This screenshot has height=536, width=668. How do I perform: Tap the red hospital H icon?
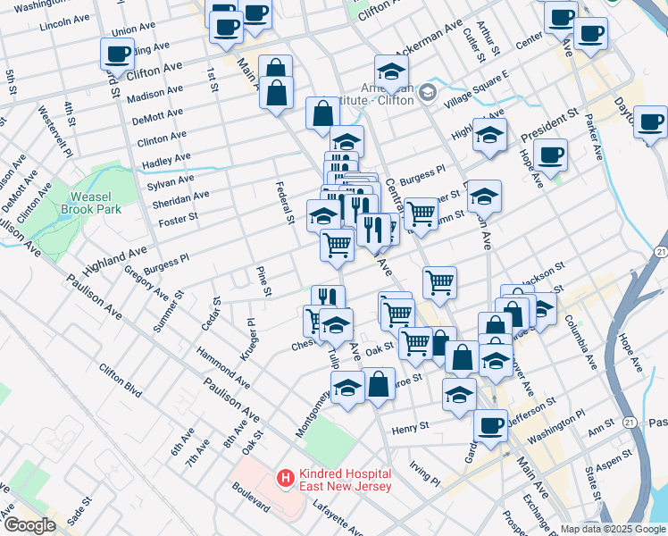coord(285,480)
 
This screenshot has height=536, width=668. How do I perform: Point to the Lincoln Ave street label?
coord(65,20)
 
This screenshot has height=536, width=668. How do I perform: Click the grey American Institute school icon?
coord(427,91)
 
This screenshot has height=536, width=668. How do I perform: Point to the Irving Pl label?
coord(424,473)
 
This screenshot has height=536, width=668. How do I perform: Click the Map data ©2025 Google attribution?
coord(613,529)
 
